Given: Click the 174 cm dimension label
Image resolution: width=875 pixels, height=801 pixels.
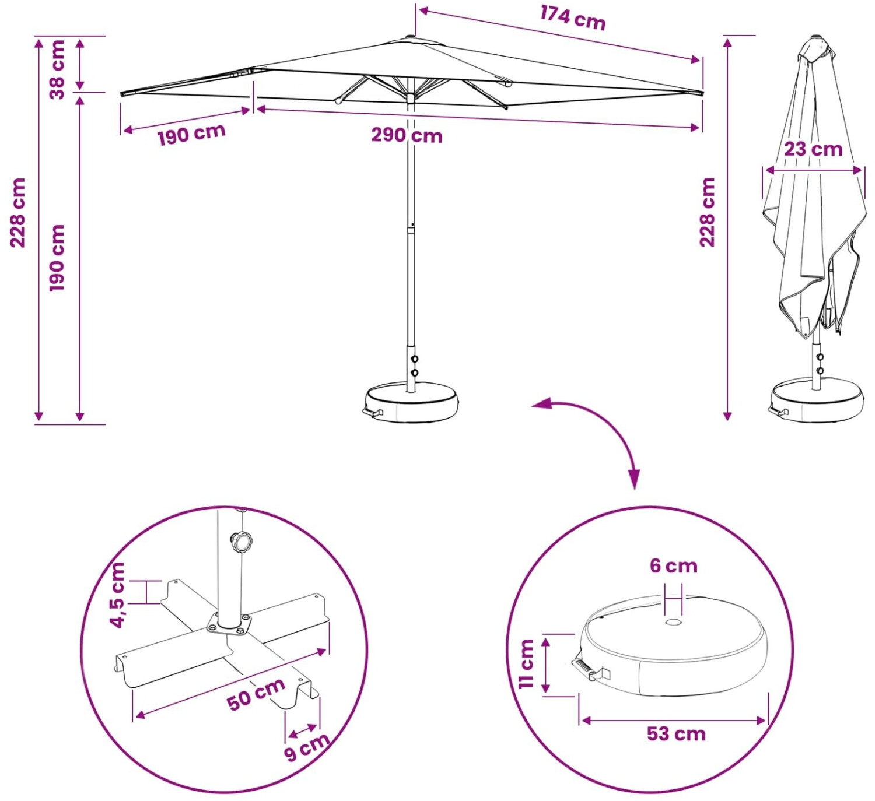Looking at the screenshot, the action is click(x=573, y=18).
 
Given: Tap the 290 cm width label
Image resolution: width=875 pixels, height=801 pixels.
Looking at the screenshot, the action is click(x=407, y=136).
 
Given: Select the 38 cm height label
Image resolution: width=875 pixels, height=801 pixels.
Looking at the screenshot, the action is click(x=57, y=69).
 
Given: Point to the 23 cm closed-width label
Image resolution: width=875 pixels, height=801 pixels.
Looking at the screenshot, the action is click(x=813, y=149).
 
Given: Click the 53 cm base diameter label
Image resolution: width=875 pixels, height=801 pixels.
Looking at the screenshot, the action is click(x=676, y=734).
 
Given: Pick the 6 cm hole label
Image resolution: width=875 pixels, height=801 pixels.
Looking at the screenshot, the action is click(x=674, y=566).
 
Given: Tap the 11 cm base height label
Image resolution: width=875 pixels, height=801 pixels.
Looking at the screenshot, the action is click(x=526, y=663).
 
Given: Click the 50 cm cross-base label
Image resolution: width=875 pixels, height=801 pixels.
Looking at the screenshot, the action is click(x=256, y=694).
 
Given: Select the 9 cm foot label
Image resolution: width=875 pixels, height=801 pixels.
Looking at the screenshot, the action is click(x=307, y=747).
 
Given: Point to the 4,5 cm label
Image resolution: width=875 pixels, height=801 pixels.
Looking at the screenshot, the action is click(x=117, y=595).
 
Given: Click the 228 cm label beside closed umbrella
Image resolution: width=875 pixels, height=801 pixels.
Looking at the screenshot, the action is click(x=707, y=212).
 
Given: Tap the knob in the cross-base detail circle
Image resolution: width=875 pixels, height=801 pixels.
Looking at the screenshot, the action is click(x=242, y=542).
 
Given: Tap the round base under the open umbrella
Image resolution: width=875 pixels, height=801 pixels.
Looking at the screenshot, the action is click(x=411, y=402).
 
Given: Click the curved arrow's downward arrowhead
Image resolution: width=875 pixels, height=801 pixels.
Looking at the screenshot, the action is click(x=635, y=479).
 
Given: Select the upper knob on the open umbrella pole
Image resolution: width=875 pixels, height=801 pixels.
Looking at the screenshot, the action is click(x=414, y=359).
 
